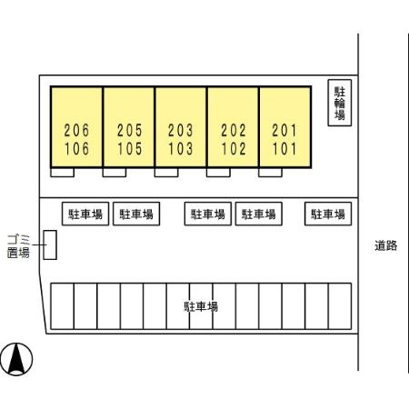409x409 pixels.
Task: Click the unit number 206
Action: point(76,131)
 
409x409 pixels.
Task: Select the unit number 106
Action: point(76,149)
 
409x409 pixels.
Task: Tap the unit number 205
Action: point(130,131)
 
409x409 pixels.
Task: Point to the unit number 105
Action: point(130,149)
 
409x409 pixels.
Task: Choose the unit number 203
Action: point(181,131)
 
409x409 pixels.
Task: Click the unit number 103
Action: point(181,149)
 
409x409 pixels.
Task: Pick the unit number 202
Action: point(234,131)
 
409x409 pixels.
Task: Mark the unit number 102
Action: point(234,149)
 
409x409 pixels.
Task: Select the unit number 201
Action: point(284,131)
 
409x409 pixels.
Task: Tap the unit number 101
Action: point(284,149)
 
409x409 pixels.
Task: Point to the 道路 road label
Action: point(386,245)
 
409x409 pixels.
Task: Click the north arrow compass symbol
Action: point(16,359)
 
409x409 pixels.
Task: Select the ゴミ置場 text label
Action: point(18,246)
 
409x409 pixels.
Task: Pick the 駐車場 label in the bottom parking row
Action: point(201,306)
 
